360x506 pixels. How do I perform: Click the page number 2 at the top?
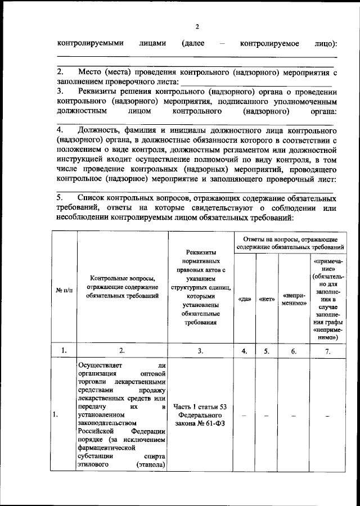tap(197, 26)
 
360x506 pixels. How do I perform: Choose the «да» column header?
tap(245, 299)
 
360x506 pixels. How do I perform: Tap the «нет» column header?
tap(267, 299)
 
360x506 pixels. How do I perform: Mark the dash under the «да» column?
tap(245, 415)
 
